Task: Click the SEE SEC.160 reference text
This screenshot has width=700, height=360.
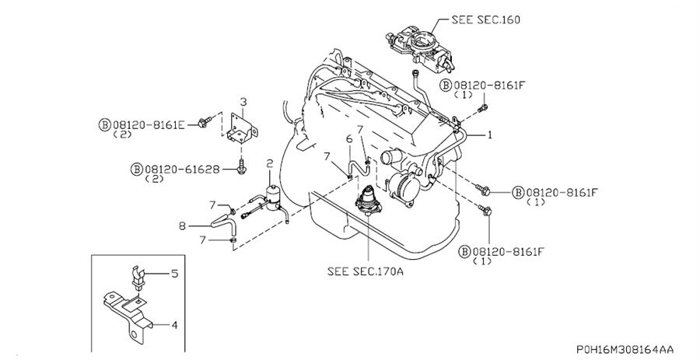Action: tap(485, 19)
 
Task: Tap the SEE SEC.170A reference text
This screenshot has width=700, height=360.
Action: tap(366, 271)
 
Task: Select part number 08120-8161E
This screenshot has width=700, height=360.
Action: tap(149, 124)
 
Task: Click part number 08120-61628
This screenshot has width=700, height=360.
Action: tap(182, 170)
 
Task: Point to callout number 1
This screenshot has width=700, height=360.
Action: tap(489, 135)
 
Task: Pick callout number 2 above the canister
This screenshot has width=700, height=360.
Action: tap(269, 164)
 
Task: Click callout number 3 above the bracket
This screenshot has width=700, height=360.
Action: tap(243, 102)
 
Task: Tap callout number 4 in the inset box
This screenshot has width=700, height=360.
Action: tap(174, 325)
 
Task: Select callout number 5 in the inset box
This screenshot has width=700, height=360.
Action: tap(174, 273)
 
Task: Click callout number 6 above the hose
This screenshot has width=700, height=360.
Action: tap(349, 140)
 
